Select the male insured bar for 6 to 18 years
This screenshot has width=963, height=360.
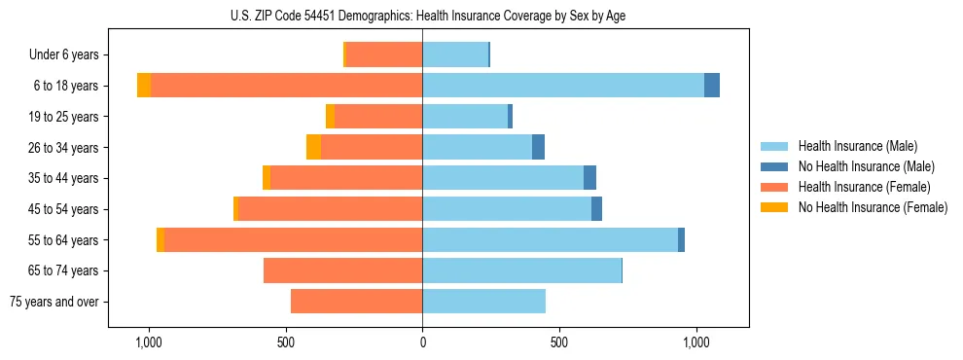(x=562, y=86)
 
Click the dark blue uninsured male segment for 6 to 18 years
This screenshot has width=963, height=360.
(x=712, y=86)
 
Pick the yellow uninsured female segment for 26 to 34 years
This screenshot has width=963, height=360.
(x=313, y=147)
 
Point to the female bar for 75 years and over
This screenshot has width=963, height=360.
(x=356, y=302)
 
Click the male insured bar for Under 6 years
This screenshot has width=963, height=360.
(x=454, y=54)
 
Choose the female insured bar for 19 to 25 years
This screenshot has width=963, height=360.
(x=377, y=117)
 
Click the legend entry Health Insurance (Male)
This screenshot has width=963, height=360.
(x=857, y=146)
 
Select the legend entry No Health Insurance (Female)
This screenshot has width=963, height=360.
(x=873, y=207)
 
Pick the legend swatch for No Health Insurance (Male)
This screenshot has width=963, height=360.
(x=775, y=166)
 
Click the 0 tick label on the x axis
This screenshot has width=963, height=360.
(x=422, y=342)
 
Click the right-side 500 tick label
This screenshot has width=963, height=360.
(x=559, y=342)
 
